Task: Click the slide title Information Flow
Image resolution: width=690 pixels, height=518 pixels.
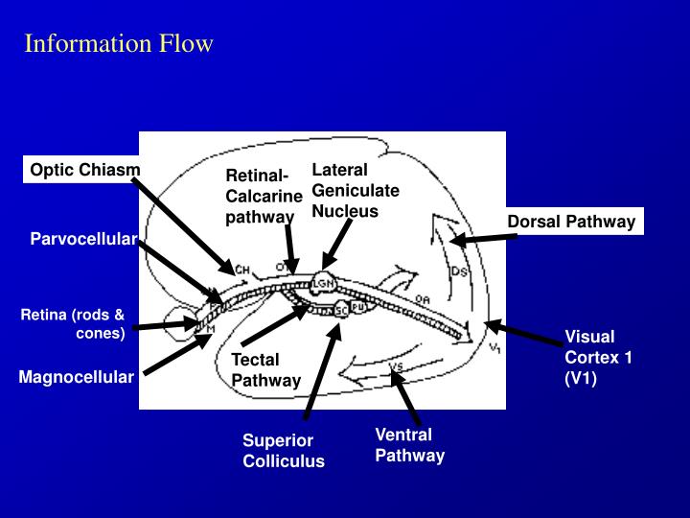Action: (119, 44)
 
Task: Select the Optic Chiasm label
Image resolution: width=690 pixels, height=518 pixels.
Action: (84, 170)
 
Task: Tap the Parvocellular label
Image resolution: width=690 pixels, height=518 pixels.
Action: (82, 238)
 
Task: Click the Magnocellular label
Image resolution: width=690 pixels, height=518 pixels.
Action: (77, 377)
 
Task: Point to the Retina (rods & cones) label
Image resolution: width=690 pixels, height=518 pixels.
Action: (74, 324)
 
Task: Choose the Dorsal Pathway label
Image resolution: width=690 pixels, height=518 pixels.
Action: (571, 222)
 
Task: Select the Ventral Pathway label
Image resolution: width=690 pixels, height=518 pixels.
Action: (409, 445)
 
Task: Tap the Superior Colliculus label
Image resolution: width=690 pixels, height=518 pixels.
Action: (283, 451)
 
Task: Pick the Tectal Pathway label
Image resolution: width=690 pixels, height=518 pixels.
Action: (265, 369)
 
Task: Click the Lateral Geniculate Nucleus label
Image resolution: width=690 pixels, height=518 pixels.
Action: (355, 190)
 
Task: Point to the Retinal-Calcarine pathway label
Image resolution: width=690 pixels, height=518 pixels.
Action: (264, 196)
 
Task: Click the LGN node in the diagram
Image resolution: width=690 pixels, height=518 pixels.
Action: (323, 282)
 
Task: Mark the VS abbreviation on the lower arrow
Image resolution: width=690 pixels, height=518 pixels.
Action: (396, 367)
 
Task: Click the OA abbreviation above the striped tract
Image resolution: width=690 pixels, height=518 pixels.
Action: (422, 299)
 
